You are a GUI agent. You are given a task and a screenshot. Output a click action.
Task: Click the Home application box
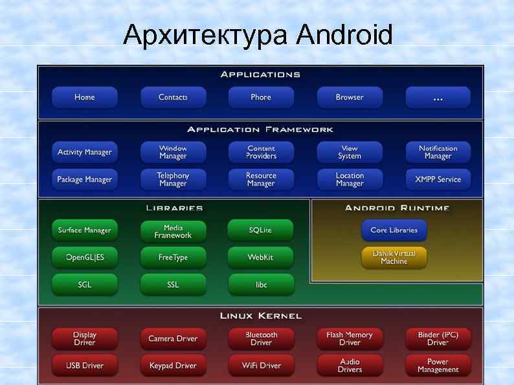pyautogui.click(x=85, y=97)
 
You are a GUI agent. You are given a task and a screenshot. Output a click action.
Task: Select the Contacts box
pyautogui.click(x=173, y=97)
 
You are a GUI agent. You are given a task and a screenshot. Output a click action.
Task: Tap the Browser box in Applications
pyautogui.click(x=350, y=97)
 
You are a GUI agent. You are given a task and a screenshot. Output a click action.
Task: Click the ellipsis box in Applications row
pyautogui.click(x=438, y=97)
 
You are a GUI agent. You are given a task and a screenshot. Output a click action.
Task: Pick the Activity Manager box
pyautogui.click(x=85, y=152)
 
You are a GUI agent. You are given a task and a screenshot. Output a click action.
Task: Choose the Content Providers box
pyautogui.click(x=261, y=152)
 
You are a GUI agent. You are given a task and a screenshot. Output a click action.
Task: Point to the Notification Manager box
pyautogui.click(x=438, y=152)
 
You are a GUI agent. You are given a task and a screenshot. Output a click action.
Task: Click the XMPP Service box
pyautogui.click(x=438, y=179)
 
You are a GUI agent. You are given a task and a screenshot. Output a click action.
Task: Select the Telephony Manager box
pyautogui.click(x=173, y=179)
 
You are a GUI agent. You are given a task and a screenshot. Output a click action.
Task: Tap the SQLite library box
pyautogui.click(x=260, y=230)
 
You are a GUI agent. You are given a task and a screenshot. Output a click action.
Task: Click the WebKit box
pyautogui.click(x=260, y=258)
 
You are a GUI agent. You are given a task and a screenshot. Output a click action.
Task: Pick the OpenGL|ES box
pyautogui.click(x=85, y=258)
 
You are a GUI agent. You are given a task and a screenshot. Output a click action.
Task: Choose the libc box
pyautogui.click(x=260, y=285)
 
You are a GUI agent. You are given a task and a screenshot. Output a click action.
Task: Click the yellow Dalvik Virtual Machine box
pyautogui.click(x=394, y=258)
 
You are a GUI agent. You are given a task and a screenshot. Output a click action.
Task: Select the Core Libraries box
pyautogui.click(x=394, y=230)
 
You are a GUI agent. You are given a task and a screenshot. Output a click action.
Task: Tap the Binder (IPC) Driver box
pyautogui.click(x=438, y=338)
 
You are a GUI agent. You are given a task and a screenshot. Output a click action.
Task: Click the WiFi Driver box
pyautogui.click(x=261, y=366)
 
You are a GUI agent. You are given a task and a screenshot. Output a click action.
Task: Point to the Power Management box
pyautogui.click(x=438, y=366)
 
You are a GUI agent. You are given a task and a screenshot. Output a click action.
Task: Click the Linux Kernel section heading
pyautogui.click(x=261, y=316)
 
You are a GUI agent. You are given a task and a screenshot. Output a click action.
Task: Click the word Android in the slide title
pyautogui.click(x=344, y=35)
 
